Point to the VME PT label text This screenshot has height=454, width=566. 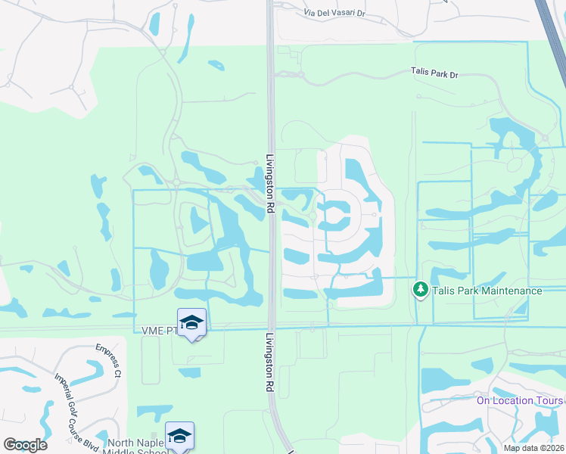pyautogui.click(x=158, y=331)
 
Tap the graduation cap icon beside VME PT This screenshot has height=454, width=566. pyautogui.click(x=192, y=323)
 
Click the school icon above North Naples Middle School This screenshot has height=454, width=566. pyautogui.click(x=179, y=436)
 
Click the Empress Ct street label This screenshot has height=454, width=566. pyautogui.click(x=108, y=360)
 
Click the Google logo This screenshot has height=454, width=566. pyautogui.click(x=25, y=444)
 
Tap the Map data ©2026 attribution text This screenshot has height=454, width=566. pyautogui.click(x=533, y=448)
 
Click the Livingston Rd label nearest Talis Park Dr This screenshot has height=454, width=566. pyautogui.click(x=269, y=183)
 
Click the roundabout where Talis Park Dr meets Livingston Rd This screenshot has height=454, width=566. pyautogui.click(x=300, y=75)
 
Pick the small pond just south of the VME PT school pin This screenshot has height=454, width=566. pyautogui.click(x=190, y=372)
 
